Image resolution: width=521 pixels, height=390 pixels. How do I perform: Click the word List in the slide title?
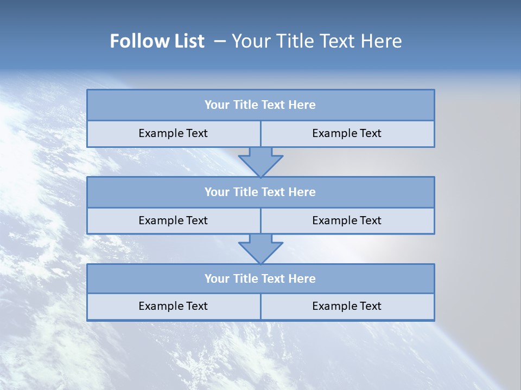pos(188,41)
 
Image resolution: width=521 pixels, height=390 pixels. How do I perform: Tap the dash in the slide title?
pos(220,41)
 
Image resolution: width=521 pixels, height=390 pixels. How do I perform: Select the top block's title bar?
pos(260,105)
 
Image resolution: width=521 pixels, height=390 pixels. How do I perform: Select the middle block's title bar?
pos(260,192)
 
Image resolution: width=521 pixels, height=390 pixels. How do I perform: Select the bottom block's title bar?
pos(260,279)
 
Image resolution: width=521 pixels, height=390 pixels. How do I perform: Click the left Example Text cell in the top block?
pos(173,134)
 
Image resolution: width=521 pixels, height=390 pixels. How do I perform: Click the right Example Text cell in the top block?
pos(347,134)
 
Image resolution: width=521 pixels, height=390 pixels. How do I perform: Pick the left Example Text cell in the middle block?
pos(173,220)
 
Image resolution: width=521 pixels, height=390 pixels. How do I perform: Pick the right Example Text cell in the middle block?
pos(347,220)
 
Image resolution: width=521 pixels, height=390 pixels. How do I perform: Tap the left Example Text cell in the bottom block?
pos(173,307)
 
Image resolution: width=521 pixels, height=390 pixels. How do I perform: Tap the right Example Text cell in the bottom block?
pos(347,307)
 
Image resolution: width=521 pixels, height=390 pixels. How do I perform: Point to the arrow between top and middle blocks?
pos(260,161)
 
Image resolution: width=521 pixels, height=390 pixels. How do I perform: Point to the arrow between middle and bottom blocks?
pos(260,249)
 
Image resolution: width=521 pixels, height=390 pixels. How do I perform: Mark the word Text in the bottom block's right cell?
pos(370,307)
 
